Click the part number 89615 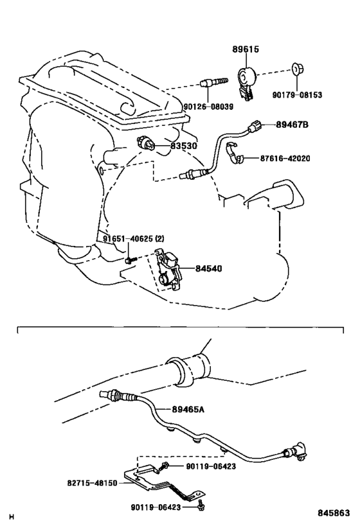pyautogui.click(x=246, y=49)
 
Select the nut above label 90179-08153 pyautogui.click(x=297, y=69)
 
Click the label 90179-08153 pyautogui.click(x=297, y=95)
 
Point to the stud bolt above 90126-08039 pyautogui.click(x=214, y=82)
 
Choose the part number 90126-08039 pyautogui.click(x=208, y=107)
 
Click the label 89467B pyautogui.click(x=292, y=125)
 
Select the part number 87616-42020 pyautogui.click(x=285, y=158)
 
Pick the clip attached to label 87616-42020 pyautogui.click(x=235, y=153)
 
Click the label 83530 pyautogui.click(x=184, y=146)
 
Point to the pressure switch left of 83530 pyautogui.click(x=147, y=143)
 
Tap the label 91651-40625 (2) pyautogui.click(x=134, y=239)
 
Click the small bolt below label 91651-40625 pyautogui.click(x=130, y=260)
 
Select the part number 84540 pyautogui.click(x=208, y=268)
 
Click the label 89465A pyautogui.click(x=188, y=409)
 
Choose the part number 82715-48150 pyautogui.click(x=93, y=483)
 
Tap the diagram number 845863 pyautogui.click(x=334, y=513)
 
